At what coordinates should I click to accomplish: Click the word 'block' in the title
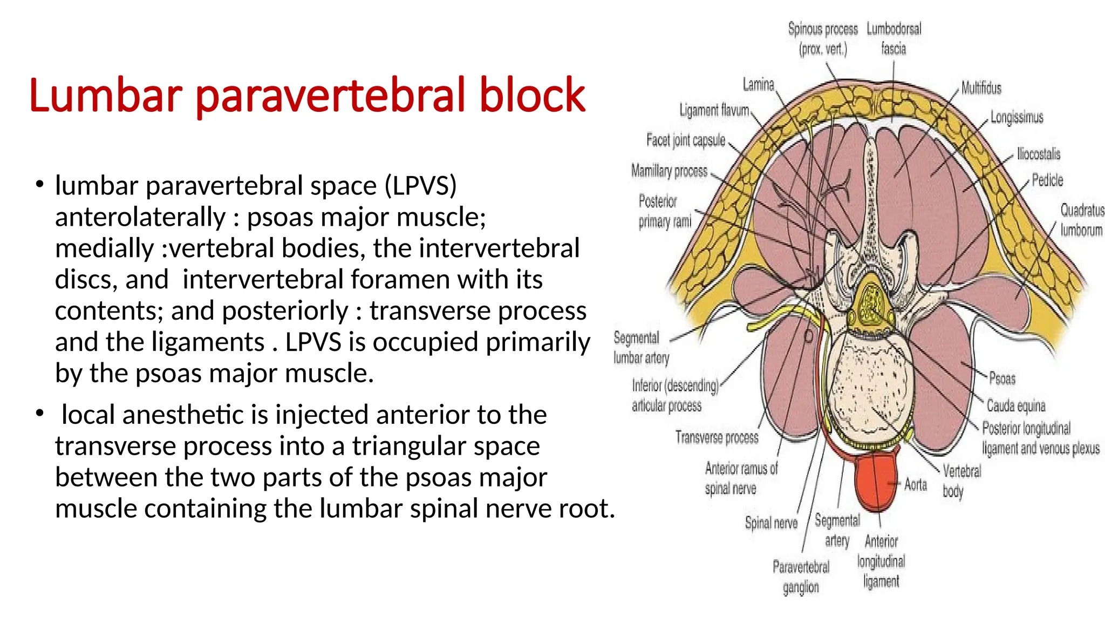pos(532,95)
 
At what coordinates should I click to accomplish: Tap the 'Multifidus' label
pos(981,88)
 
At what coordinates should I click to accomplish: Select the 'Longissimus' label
pos(1017,117)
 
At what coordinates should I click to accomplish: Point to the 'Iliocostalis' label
pos(1039,154)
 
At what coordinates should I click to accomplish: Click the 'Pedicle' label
pos(1047,180)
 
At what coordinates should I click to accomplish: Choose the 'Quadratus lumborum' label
pos(1082,220)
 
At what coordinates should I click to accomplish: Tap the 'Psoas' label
pos(1002,378)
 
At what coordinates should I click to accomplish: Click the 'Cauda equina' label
pos(1016,405)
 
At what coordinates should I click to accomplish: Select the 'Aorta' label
pos(916,484)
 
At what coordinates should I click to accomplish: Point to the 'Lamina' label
pos(758,85)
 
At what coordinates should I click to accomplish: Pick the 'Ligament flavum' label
pos(714,110)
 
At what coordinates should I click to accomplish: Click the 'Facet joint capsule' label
pos(686,140)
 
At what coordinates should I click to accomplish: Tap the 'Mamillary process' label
pos(669,171)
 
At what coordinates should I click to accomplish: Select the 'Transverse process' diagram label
pos(717,437)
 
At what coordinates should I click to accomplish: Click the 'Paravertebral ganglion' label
pos(801,577)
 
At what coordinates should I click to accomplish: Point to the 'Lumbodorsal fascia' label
pos(894,38)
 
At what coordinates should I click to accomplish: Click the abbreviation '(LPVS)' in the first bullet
pos(421,186)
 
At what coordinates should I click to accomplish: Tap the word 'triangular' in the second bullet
pos(446,446)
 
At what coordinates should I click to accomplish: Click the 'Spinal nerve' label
pos(771,523)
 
